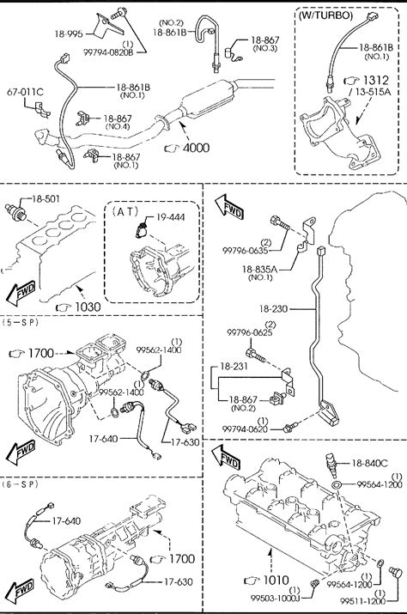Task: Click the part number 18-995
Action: click(x=69, y=34)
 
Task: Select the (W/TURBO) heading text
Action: click(x=325, y=15)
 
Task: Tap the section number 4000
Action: click(x=196, y=148)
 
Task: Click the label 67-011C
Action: click(x=25, y=93)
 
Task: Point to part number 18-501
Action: click(x=46, y=199)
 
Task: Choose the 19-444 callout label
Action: click(x=171, y=217)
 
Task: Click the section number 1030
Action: click(x=88, y=307)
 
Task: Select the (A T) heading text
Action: click(x=125, y=212)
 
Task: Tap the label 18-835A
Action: click(x=259, y=269)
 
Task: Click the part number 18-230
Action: click(x=273, y=309)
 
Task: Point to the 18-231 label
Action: click(x=234, y=367)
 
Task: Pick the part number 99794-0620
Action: click(x=245, y=429)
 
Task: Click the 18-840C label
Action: click(x=370, y=463)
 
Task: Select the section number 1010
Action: click(x=276, y=581)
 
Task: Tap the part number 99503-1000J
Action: click(x=276, y=598)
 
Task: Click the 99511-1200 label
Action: click(x=362, y=601)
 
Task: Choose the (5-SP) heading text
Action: click(x=20, y=323)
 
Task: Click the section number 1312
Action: click(x=376, y=80)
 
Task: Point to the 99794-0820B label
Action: click(x=108, y=52)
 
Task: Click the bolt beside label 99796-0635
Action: click(x=279, y=222)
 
